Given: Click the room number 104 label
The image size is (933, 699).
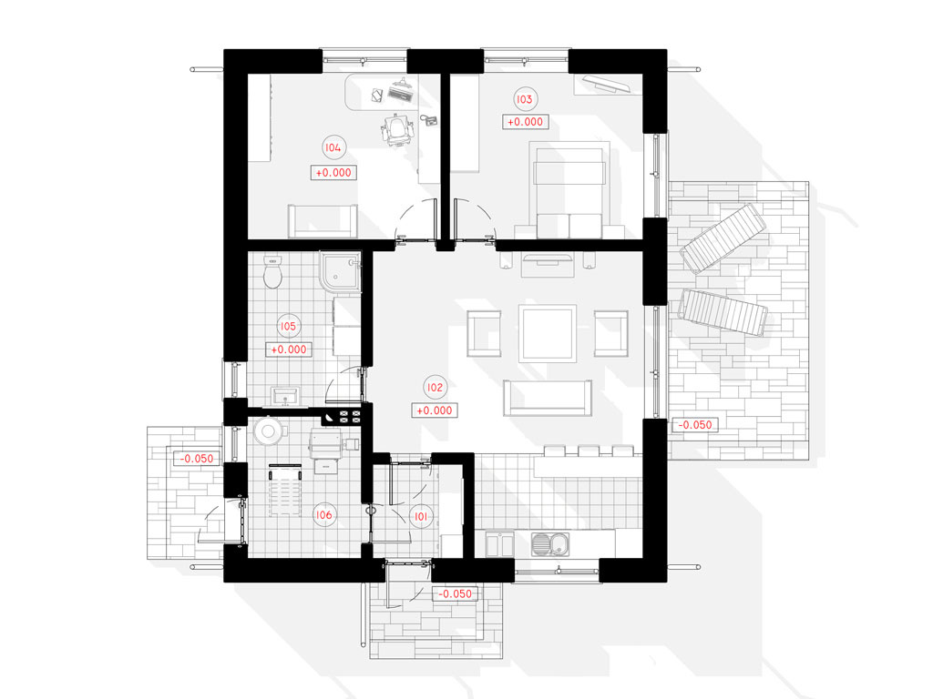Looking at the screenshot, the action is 333,147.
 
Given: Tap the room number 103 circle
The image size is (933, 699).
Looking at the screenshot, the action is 524,98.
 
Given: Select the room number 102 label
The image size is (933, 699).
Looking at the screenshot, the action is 435,388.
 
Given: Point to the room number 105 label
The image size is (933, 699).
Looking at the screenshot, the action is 288,327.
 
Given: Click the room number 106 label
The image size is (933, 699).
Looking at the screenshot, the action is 323,515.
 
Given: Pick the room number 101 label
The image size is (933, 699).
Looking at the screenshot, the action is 421,517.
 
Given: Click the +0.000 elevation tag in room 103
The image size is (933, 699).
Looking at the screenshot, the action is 525,122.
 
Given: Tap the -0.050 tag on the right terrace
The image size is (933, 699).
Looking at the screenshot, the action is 695,425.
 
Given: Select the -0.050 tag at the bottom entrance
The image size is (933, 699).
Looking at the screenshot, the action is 456,593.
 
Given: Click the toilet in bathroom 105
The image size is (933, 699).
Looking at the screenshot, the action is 272,273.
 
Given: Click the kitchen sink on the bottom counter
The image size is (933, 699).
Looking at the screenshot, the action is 550,544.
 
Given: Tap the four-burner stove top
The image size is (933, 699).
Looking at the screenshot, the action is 349,417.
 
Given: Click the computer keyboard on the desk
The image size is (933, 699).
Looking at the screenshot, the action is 400,94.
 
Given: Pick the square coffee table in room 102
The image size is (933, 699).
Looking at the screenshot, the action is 548,333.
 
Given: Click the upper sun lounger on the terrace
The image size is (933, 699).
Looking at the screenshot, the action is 723,238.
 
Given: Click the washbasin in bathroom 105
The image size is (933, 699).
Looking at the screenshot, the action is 285,397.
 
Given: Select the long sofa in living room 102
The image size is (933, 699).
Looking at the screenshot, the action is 548,398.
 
